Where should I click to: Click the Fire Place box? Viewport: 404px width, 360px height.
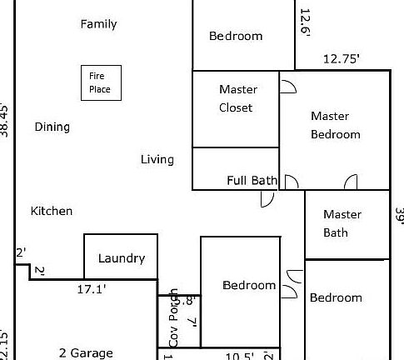[100, 83]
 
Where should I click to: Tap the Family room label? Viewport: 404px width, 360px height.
[98, 24]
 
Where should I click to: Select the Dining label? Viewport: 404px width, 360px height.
[52, 127]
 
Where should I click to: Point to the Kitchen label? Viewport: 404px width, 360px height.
[52, 212]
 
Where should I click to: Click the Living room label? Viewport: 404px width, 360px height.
[157, 159]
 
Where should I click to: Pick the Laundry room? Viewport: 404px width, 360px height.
[121, 257]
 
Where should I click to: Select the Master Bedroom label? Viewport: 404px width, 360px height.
[335, 125]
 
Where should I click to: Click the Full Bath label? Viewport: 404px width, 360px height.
[252, 180]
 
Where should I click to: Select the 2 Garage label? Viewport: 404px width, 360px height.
[86, 353]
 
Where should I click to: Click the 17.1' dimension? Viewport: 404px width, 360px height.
[92, 289]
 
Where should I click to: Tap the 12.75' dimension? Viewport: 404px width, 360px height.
[341, 58]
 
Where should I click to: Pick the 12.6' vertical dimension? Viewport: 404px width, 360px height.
[305, 23]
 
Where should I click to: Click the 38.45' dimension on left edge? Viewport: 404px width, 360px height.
[6, 119]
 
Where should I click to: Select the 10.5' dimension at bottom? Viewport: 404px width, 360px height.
[240, 356]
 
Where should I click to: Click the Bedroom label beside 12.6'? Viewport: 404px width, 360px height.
[236, 36]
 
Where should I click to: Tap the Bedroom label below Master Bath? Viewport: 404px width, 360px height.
[336, 297]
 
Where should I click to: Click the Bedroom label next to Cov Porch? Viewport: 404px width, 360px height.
[249, 285]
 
